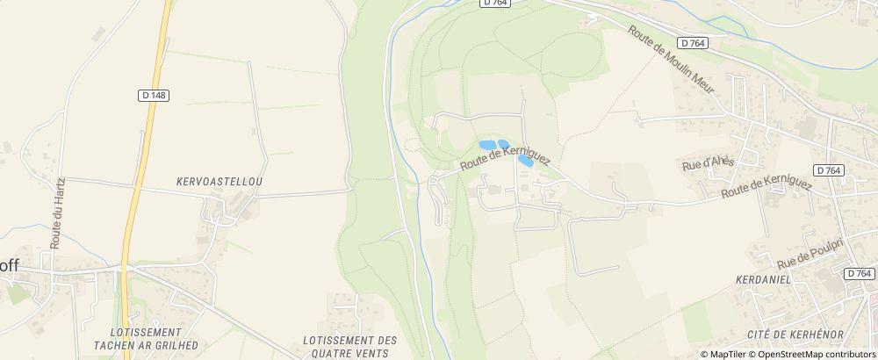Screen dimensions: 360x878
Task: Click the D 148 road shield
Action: [x=154, y=95]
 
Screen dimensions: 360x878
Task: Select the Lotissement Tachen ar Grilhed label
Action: [x=147, y=338]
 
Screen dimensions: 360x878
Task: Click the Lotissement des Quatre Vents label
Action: [x=349, y=346]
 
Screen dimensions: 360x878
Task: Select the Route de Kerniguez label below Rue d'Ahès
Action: [x=766, y=188]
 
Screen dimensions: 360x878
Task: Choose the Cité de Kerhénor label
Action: [x=795, y=334]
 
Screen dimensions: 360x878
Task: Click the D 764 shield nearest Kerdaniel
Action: [x=861, y=274]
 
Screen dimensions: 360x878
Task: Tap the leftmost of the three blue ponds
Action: [x=486, y=145]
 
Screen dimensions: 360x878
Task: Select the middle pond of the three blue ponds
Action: [x=504, y=144]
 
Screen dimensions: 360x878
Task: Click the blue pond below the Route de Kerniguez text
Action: [x=526, y=161]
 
